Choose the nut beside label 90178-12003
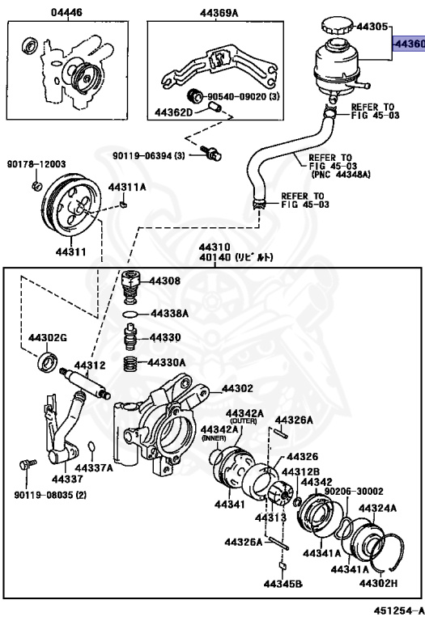tap(37, 187)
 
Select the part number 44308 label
tap(164, 282)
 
